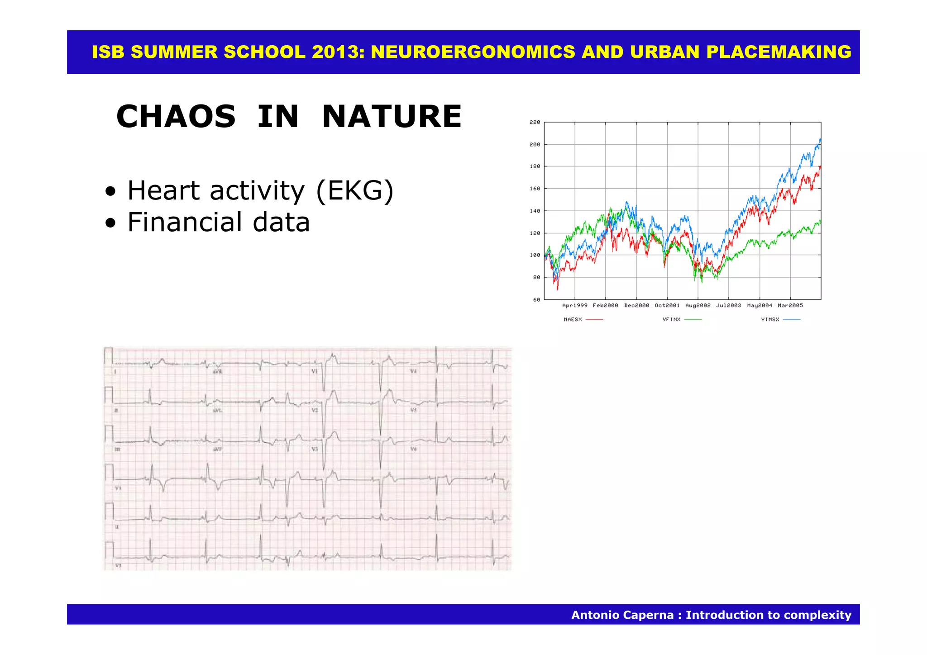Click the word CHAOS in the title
176,117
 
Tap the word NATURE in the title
392,117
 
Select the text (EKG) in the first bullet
355,190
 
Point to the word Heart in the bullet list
163,190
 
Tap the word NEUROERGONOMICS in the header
473,52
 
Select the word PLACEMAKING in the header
779,52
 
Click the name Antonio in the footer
599,615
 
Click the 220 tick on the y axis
535,122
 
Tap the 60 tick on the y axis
536,299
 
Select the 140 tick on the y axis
535,211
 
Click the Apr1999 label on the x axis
574,306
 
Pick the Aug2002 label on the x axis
698,306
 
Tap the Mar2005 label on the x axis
790,306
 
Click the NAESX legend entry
573,319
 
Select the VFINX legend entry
671,319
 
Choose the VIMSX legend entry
770,319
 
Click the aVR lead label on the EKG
218,371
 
